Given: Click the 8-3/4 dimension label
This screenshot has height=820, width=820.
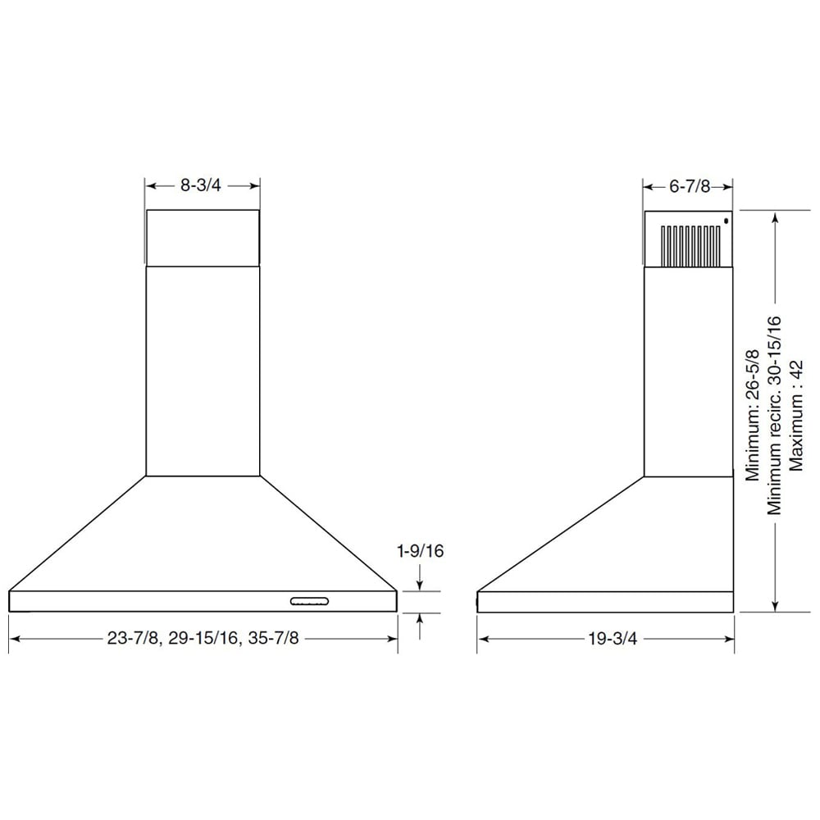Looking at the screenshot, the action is coord(201,185).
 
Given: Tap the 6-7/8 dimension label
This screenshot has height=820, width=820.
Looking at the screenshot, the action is coord(690,186).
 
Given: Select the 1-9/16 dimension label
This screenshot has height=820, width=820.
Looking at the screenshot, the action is coord(421,551).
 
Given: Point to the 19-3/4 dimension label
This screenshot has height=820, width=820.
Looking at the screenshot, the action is coord(613,639).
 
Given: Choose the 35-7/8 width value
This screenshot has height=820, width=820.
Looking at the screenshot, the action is coord(274,639).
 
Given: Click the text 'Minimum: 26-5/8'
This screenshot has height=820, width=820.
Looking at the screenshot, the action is coord(752,415).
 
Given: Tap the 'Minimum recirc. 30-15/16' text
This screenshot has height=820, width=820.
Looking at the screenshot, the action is coord(774,415).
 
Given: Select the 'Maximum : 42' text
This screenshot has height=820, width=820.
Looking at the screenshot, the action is coord(795,415).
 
